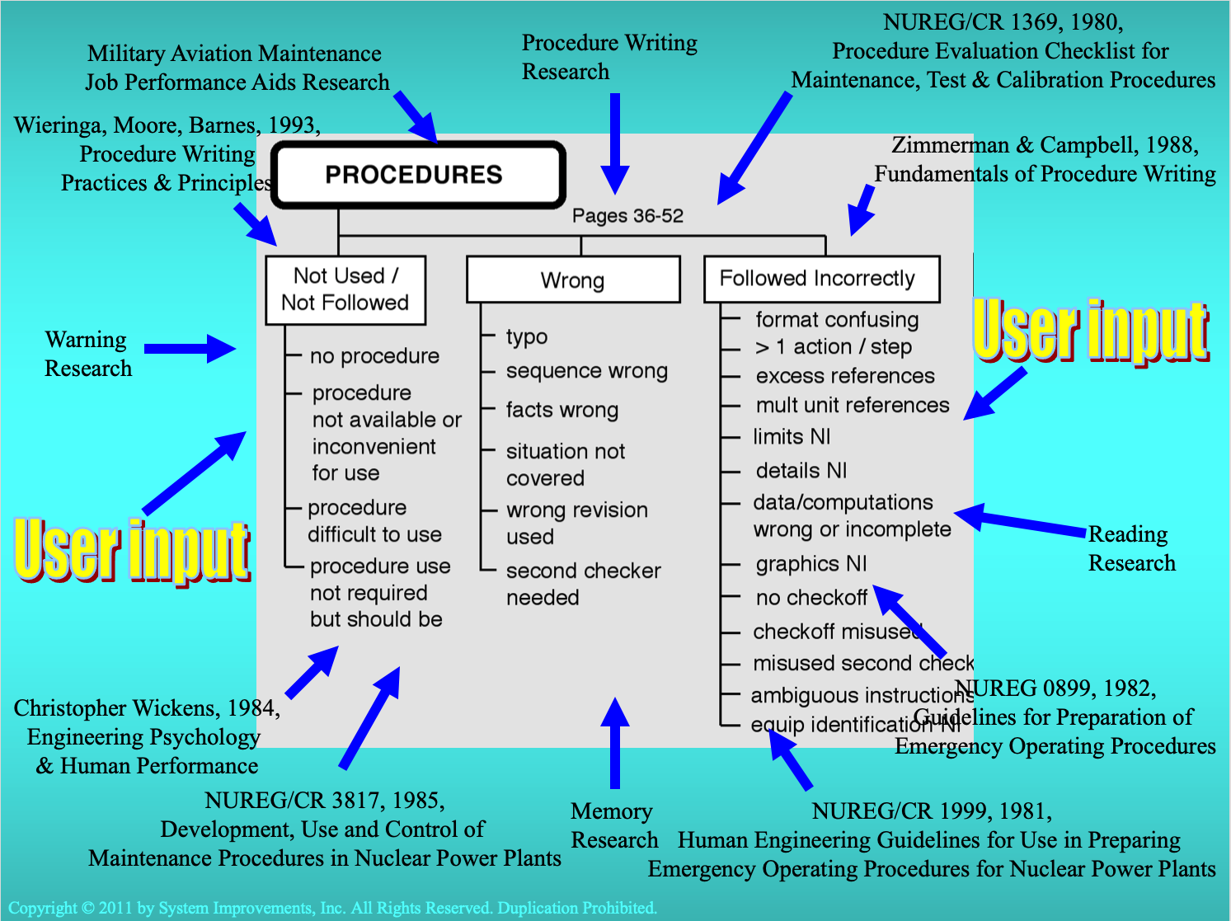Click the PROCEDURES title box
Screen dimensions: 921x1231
pos(418,174)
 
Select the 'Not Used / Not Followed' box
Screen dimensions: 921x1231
pos(345,289)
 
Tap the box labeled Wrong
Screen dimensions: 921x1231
pos(573,280)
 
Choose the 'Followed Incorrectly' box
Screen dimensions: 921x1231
pos(821,279)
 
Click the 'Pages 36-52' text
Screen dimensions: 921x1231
pos(627,216)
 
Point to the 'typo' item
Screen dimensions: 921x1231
pos(527,336)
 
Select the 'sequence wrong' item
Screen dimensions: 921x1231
pos(586,371)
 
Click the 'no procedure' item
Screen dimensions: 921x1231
pos(374,356)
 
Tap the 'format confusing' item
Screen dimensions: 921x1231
pos(837,320)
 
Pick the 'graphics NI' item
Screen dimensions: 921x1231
pos(811,564)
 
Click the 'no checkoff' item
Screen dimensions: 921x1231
pos(811,598)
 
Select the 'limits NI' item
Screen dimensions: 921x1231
pos(792,437)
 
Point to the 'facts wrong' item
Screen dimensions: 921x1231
pos(561,410)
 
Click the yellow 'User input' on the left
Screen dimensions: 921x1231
pos(132,550)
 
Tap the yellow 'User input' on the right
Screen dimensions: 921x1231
pos(1090,331)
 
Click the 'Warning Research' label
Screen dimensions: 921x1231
pos(87,354)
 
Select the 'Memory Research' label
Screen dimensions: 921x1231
pos(613,825)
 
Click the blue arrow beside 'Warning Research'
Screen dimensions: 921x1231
pos(190,349)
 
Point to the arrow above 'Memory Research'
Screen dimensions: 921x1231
pos(615,742)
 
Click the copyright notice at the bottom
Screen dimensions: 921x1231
pos(332,908)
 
